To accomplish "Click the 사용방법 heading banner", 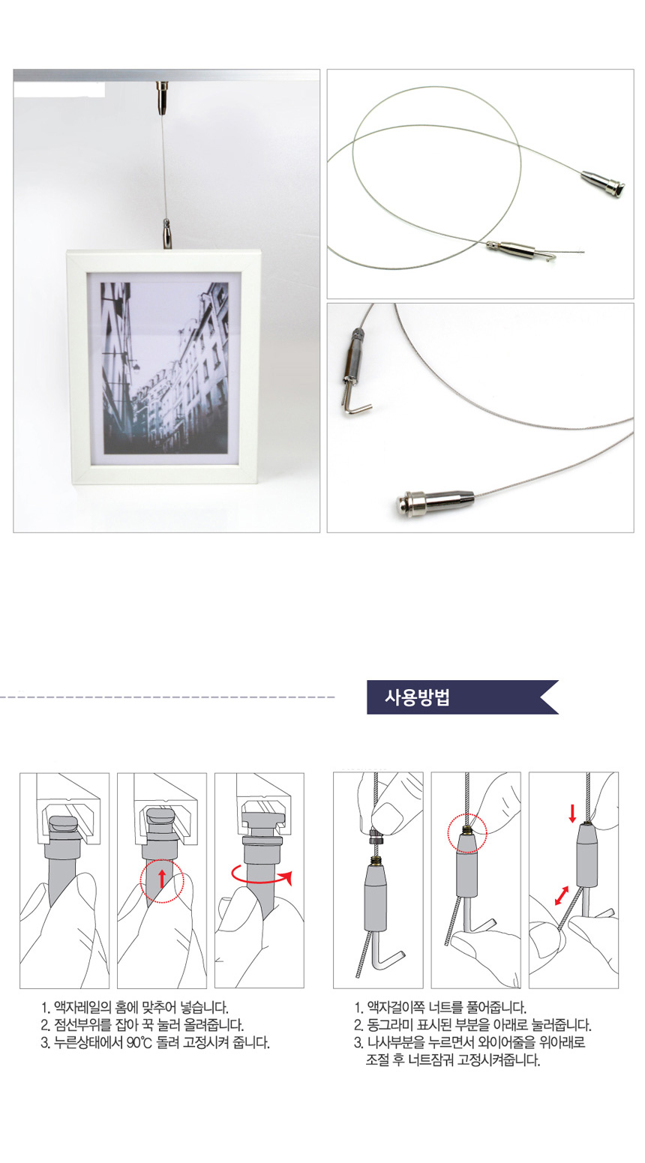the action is pyautogui.click(x=462, y=697).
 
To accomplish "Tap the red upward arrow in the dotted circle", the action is pyautogui.click(x=162, y=879).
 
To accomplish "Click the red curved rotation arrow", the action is pyautogui.click(x=261, y=875).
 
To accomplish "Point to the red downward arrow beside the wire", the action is pyautogui.click(x=572, y=813).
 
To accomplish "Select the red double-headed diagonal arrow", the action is pyautogui.click(x=562, y=895).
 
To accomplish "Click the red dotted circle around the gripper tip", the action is pyautogui.click(x=466, y=833).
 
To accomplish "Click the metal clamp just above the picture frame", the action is pyautogui.click(x=167, y=234).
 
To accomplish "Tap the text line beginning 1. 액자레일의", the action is pyautogui.click(x=134, y=1008).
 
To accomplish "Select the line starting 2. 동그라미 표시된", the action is pyautogui.click(x=472, y=1025).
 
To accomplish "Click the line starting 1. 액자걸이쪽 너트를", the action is pyautogui.click(x=440, y=1008).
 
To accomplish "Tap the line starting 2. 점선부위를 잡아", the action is pyautogui.click(x=142, y=1025).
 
